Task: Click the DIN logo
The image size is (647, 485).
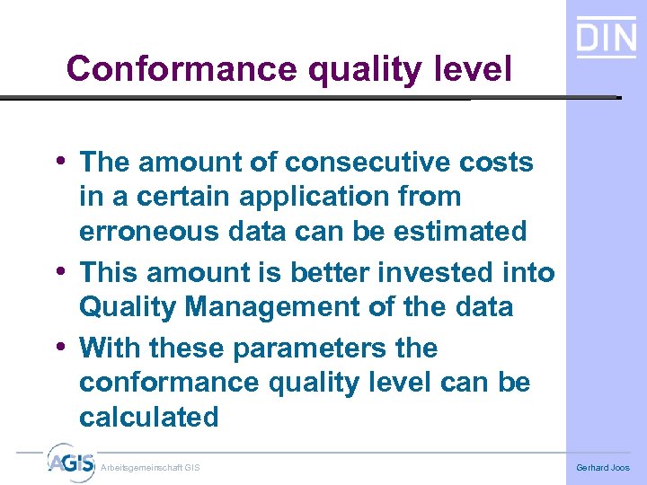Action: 606,38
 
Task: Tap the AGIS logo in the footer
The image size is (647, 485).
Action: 71,463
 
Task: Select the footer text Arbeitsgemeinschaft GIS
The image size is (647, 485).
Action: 151,468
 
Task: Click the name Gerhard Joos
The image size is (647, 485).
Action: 603,468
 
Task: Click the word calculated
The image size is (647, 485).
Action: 149,417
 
